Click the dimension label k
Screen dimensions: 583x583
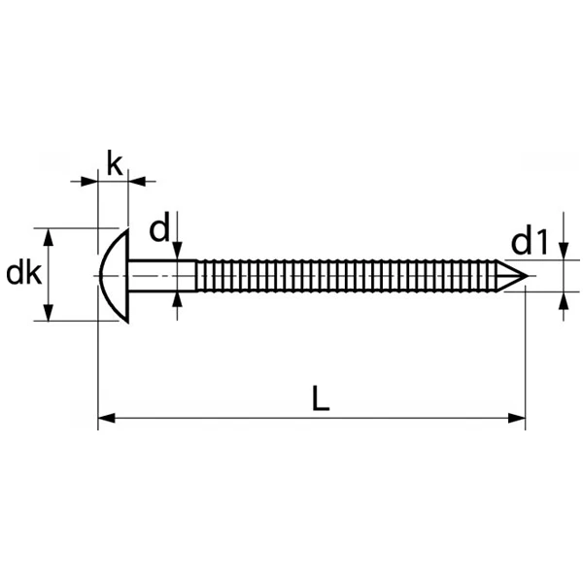[x=114, y=163]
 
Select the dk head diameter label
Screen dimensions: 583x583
[x=23, y=274]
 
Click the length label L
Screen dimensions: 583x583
[x=321, y=398]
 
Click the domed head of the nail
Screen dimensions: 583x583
[x=115, y=275]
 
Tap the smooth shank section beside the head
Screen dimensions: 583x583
[x=161, y=275]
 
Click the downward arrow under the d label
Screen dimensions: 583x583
[x=178, y=253]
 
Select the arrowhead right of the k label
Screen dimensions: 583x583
[x=137, y=180]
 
